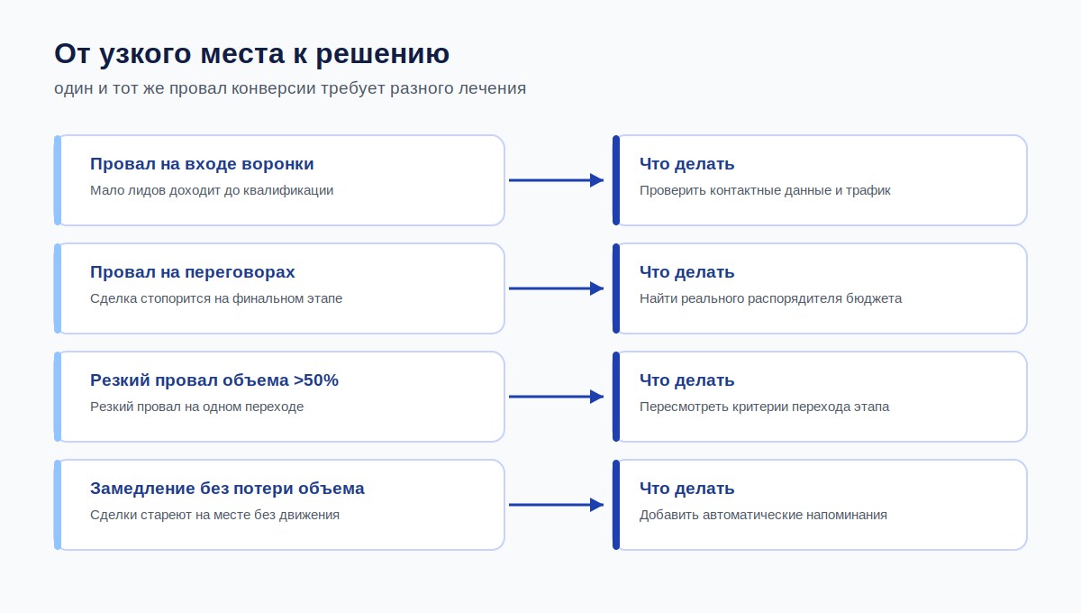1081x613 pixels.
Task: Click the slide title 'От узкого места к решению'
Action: click(x=252, y=53)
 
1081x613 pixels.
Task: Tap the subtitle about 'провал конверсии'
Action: click(x=290, y=88)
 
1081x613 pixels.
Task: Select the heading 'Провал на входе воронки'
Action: click(x=202, y=164)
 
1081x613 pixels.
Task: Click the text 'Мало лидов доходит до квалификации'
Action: click(x=212, y=190)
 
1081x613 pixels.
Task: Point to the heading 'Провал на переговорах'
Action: click(x=193, y=272)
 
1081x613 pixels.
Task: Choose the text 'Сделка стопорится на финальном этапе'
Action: click(x=216, y=298)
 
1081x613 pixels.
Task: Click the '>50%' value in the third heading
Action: click(x=316, y=380)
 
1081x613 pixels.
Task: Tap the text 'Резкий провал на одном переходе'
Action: click(x=197, y=407)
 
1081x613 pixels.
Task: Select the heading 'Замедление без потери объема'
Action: click(x=227, y=489)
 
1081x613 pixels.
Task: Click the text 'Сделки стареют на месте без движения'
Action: click(x=214, y=515)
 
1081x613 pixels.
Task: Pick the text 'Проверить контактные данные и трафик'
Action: click(x=765, y=190)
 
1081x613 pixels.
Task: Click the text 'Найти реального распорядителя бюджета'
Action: click(x=771, y=298)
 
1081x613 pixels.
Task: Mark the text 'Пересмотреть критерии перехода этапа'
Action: click(x=765, y=407)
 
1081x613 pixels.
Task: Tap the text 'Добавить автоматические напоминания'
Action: click(x=764, y=515)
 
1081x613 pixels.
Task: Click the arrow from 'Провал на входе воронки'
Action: click(x=557, y=180)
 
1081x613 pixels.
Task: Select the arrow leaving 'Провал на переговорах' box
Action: click(x=557, y=288)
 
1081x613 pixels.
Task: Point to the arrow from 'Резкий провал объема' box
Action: click(x=557, y=397)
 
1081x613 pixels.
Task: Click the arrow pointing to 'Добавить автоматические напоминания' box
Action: click(x=557, y=505)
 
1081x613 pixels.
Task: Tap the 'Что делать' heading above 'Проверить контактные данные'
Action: click(x=686, y=164)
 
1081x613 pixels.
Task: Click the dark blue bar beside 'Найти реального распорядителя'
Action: click(x=616, y=288)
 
